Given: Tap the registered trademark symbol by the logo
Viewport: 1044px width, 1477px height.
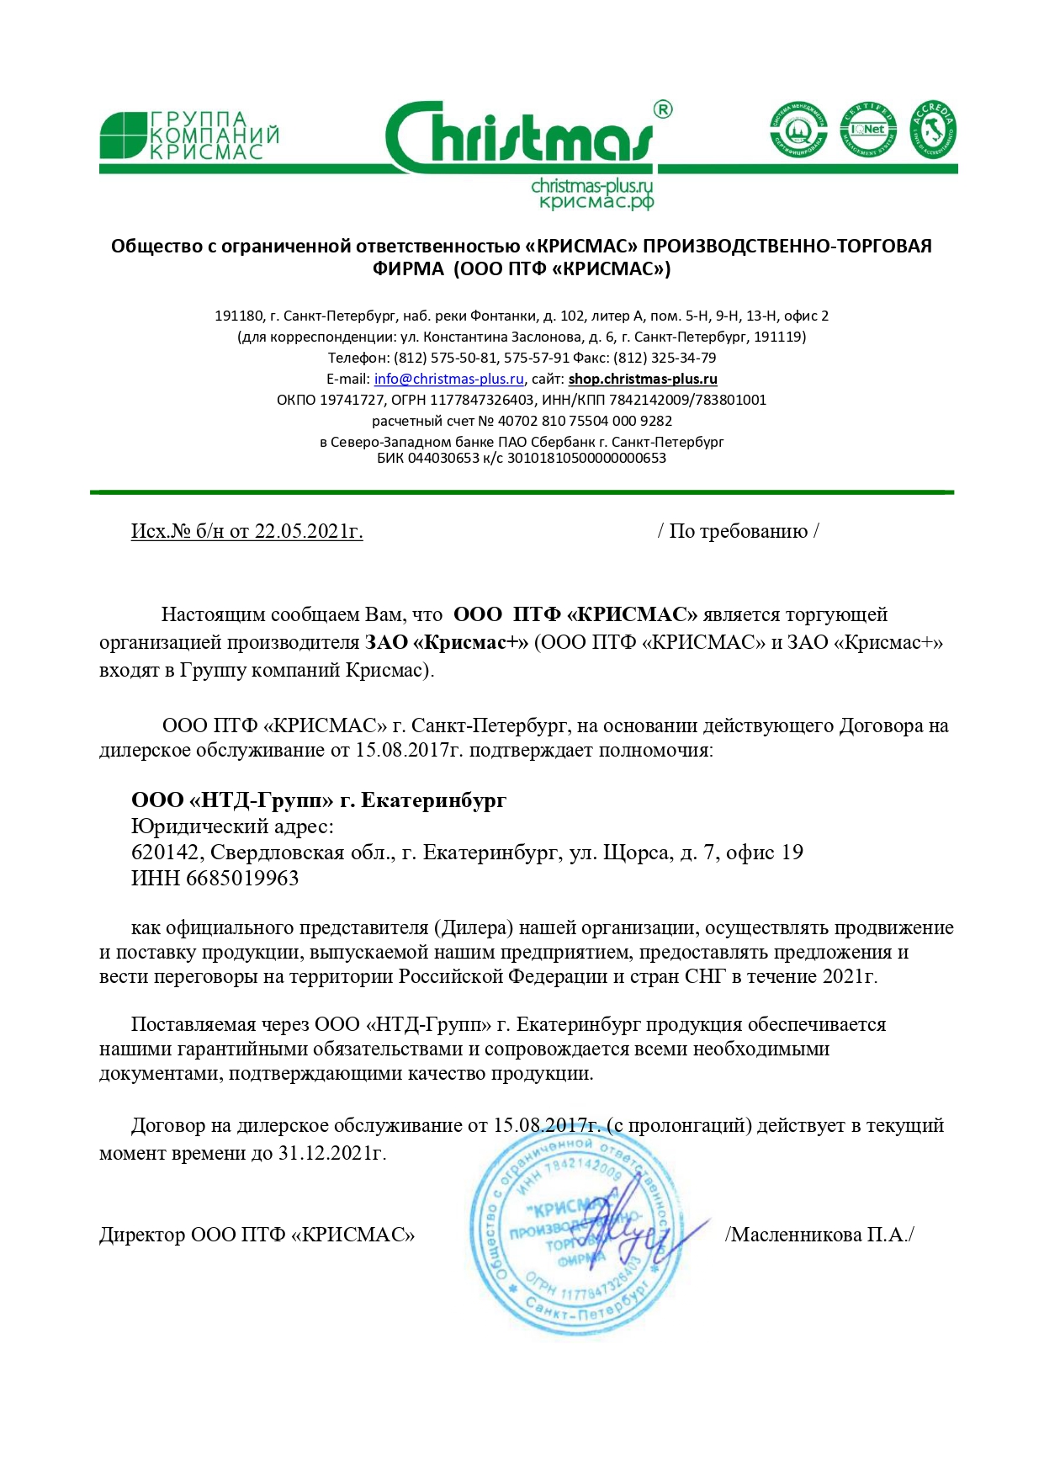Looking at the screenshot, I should (663, 109).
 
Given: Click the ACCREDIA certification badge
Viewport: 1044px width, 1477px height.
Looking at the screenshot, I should (933, 130).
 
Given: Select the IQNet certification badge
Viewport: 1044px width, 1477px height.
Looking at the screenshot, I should (867, 130).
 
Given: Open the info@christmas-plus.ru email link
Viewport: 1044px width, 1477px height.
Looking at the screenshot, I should (448, 379).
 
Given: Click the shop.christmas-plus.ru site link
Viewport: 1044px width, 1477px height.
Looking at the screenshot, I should (643, 379).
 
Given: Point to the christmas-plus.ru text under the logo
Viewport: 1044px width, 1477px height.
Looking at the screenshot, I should (592, 185).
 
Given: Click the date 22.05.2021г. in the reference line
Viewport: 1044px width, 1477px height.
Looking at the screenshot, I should (309, 531).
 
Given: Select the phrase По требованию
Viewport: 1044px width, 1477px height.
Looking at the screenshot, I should (738, 531).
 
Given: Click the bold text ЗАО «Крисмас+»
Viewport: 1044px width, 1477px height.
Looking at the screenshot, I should (446, 642).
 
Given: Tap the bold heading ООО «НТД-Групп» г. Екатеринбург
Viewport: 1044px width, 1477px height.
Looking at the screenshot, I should (319, 800).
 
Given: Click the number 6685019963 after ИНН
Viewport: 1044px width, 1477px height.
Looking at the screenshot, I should (242, 878).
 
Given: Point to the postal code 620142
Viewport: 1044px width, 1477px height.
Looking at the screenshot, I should (165, 853).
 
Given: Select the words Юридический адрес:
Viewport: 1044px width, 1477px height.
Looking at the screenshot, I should (232, 826).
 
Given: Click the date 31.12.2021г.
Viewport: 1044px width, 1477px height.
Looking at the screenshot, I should (331, 1152).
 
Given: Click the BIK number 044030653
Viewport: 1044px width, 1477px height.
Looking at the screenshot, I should (443, 458).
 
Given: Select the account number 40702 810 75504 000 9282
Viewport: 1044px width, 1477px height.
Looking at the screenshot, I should (585, 421).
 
